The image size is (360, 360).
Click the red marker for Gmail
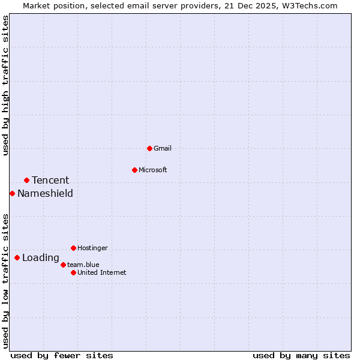click(x=149, y=148)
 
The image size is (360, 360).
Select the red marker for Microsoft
click(x=134, y=170)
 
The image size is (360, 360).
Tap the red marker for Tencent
click(x=26, y=180)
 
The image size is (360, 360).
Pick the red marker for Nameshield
click(x=12, y=193)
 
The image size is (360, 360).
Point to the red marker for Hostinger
click(x=73, y=248)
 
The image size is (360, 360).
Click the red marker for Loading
click(x=17, y=258)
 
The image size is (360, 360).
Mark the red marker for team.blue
click(x=63, y=265)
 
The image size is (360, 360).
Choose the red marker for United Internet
click(x=73, y=272)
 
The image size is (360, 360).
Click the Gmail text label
click(x=163, y=148)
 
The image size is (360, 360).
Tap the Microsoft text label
click(x=153, y=170)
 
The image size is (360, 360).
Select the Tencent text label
click(x=50, y=180)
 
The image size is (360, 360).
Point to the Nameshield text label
click(x=45, y=193)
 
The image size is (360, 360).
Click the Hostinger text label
click(x=92, y=248)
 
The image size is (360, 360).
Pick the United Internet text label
click(x=102, y=272)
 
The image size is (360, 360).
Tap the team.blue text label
click(x=83, y=265)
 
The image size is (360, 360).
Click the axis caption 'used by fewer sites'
click(x=62, y=355)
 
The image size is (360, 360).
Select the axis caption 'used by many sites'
click(x=301, y=355)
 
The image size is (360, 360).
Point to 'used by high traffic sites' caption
click(x=5, y=85)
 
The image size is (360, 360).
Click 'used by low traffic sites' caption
click(x=5, y=281)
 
